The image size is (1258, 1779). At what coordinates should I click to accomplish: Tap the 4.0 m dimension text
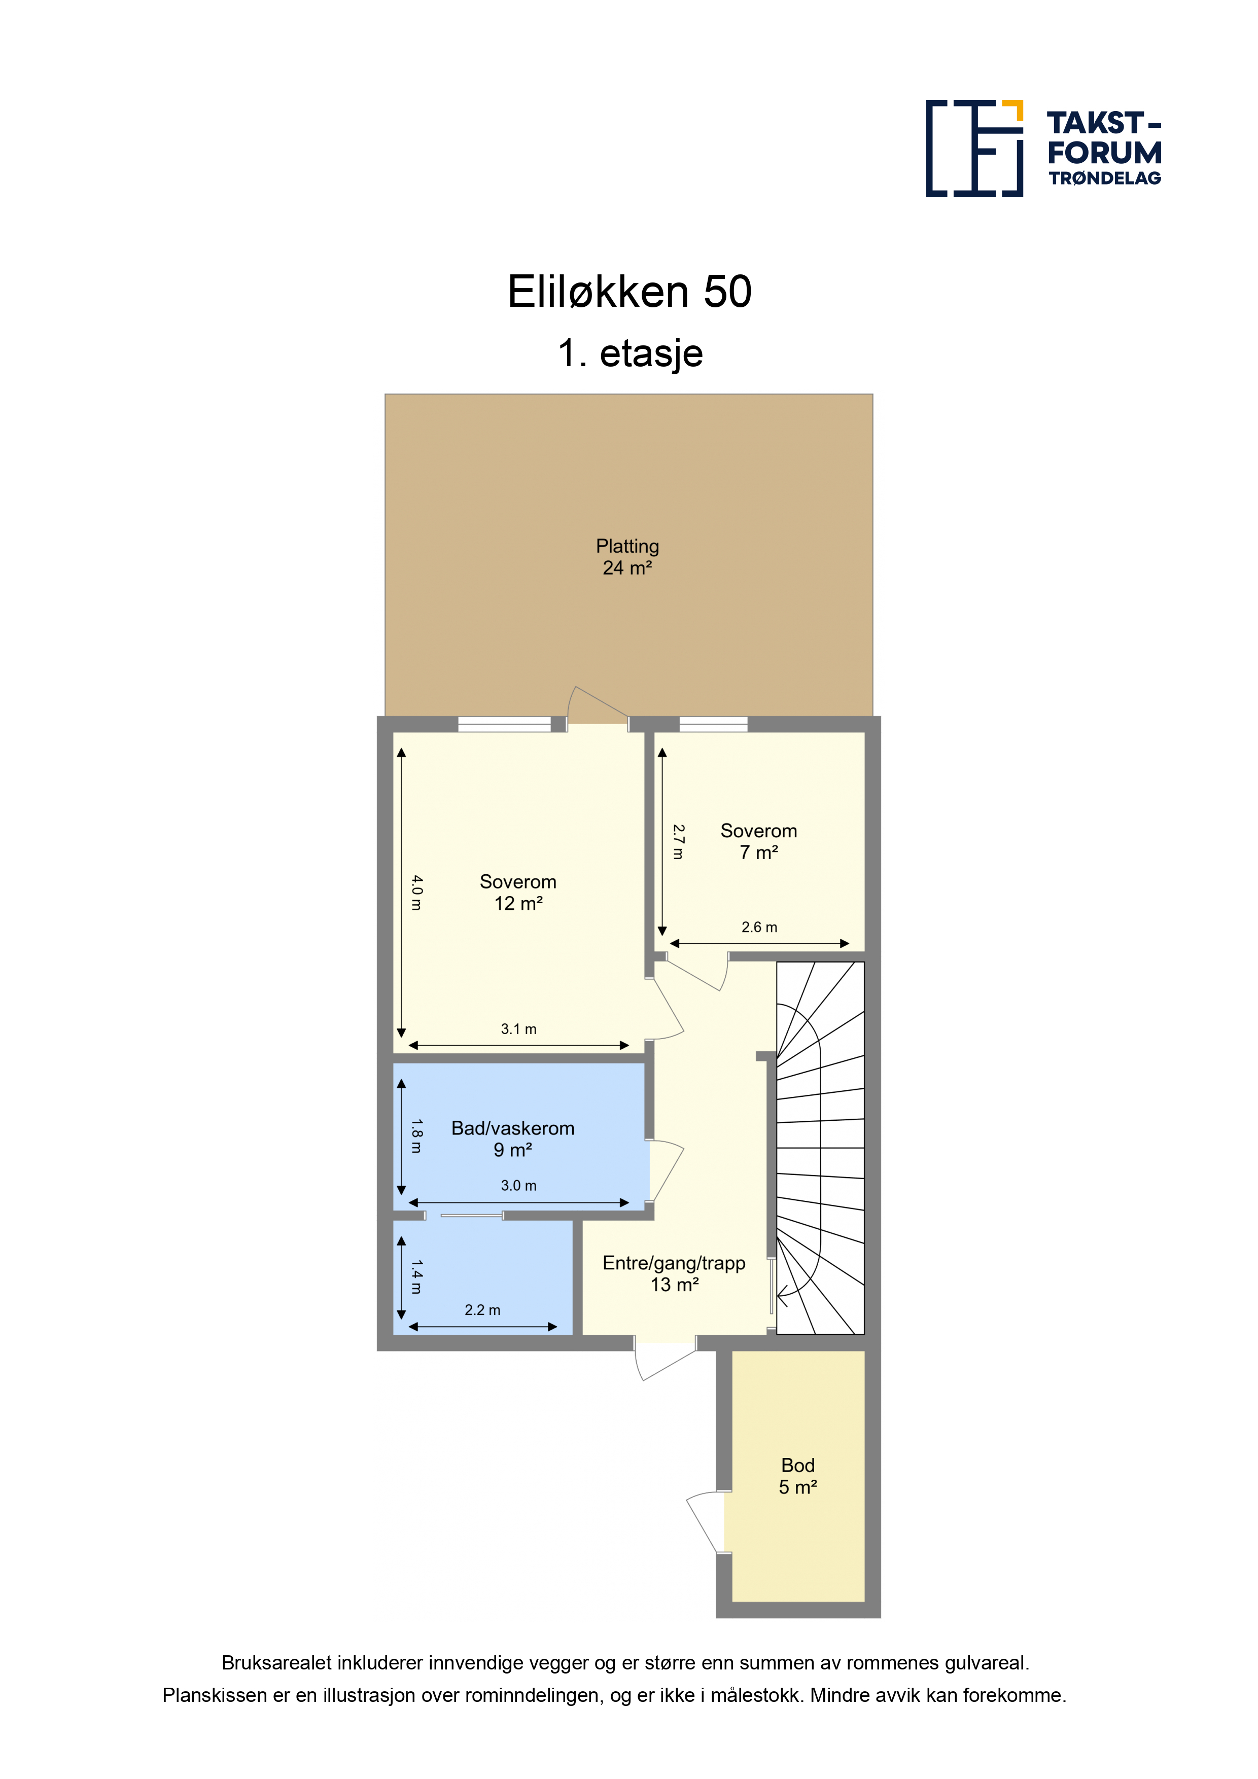click(417, 893)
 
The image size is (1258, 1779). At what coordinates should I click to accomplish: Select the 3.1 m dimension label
click(518, 1029)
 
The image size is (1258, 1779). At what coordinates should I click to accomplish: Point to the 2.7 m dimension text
click(678, 841)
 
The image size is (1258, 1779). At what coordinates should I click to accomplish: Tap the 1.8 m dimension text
click(417, 1136)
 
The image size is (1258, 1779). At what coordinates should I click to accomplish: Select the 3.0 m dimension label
click(518, 1186)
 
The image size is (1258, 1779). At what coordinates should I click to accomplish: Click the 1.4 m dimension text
click(417, 1277)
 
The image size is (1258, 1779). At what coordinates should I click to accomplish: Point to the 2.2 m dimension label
click(482, 1310)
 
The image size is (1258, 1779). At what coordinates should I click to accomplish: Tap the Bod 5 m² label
click(797, 1476)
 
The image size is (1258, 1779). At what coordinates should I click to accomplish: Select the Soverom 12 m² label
click(518, 892)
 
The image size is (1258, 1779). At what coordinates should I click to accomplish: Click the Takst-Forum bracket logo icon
click(974, 148)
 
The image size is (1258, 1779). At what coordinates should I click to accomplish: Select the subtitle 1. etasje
click(630, 353)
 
